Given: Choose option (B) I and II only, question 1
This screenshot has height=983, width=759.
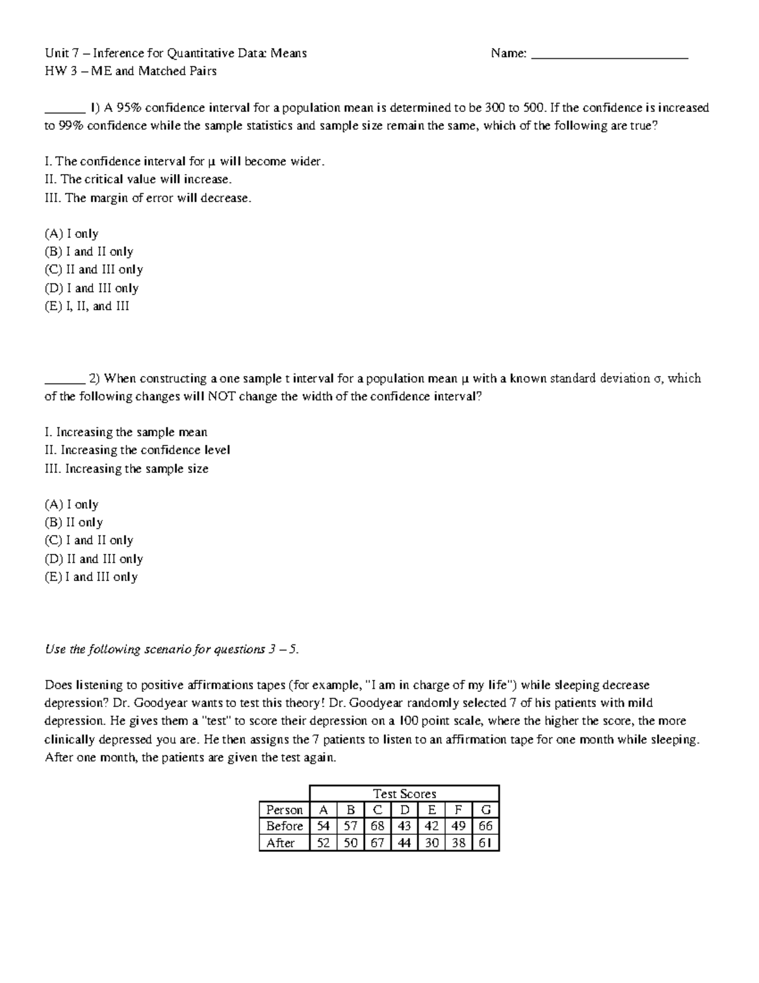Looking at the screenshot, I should click(x=89, y=252).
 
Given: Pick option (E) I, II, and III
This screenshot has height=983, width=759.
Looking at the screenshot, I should click(x=87, y=306).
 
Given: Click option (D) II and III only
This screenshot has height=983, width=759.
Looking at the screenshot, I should click(x=94, y=559).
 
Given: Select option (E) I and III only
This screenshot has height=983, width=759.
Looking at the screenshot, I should click(x=91, y=577).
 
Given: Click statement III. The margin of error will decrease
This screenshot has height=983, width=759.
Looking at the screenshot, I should click(x=148, y=198).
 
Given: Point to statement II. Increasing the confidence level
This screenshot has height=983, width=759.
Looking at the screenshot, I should click(x=137, y=450).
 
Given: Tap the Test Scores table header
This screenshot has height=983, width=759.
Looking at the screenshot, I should click(x=404, y=794).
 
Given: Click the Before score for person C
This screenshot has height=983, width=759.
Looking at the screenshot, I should click(x=378, y=826).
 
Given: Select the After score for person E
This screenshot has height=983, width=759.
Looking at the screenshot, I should click(x=431, y=843).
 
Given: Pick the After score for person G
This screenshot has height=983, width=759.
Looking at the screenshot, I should click(x=485, y=843).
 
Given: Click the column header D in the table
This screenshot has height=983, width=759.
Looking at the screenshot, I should click(x=405, y=810).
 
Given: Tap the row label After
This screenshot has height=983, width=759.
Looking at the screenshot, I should click(x=281, y=843).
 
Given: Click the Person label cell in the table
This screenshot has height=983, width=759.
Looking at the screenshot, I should click(x=285, y=810).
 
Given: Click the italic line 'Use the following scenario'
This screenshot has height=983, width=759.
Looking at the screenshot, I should click(x=171, y=649).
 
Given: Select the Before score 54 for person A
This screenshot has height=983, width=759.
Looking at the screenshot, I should click(x=323, y=826).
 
